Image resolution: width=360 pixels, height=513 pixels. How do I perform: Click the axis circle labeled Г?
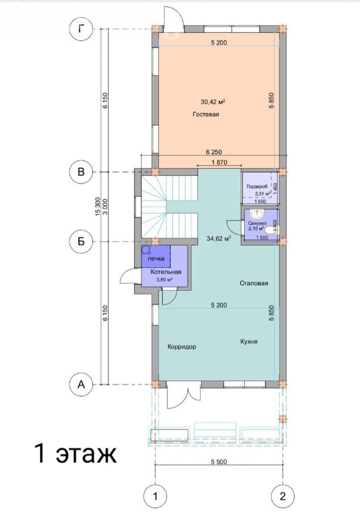click(x=81, y=29)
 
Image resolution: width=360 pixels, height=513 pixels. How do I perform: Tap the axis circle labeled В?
click(x=81, y=172)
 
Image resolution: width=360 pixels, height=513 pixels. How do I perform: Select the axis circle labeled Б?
click(x=81, y=242)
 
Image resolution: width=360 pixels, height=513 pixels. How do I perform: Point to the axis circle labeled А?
click(x=81, y=384)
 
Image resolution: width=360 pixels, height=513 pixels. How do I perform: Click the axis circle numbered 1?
click(x=155, y=496)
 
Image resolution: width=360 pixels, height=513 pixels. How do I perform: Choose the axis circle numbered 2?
click(x=283, y=496)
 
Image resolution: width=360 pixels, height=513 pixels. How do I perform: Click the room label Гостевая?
click(x=206, y=115)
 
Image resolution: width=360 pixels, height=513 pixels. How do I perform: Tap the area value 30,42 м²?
click(x=213, y=102)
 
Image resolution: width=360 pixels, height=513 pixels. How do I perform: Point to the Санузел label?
click(x=257, y=223)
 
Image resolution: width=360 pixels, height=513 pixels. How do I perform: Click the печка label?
click(x=156, y=259)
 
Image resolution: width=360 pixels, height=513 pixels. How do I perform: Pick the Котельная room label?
click(x=166, y=272)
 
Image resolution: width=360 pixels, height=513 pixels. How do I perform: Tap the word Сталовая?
click(x=253, y=283)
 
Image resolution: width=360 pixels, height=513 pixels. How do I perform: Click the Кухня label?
click(x=249, y=341)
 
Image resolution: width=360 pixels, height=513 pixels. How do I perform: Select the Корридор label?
click(x=182, y=347)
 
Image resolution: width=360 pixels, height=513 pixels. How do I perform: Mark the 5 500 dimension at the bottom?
click(x=219, y=462)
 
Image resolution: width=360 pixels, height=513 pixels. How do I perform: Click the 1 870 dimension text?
click(x=219, y=162)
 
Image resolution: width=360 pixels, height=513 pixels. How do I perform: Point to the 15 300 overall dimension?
click(x=96, y=207)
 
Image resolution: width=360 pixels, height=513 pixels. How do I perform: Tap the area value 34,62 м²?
click(x=219, y=238)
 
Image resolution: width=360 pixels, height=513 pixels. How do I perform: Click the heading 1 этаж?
click(x=76, y=454)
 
